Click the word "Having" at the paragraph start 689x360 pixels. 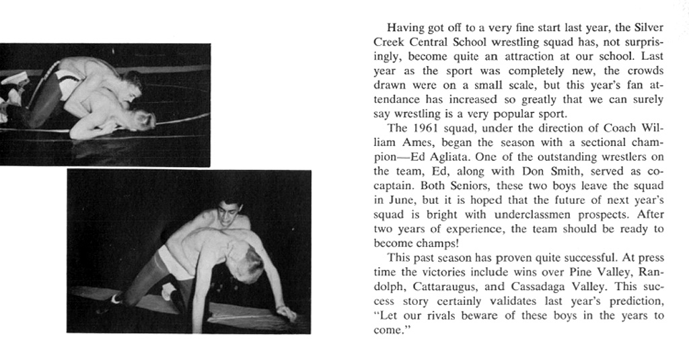pos(405,28)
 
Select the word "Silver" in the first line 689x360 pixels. pos(648,28)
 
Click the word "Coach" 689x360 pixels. pos(621,128)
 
